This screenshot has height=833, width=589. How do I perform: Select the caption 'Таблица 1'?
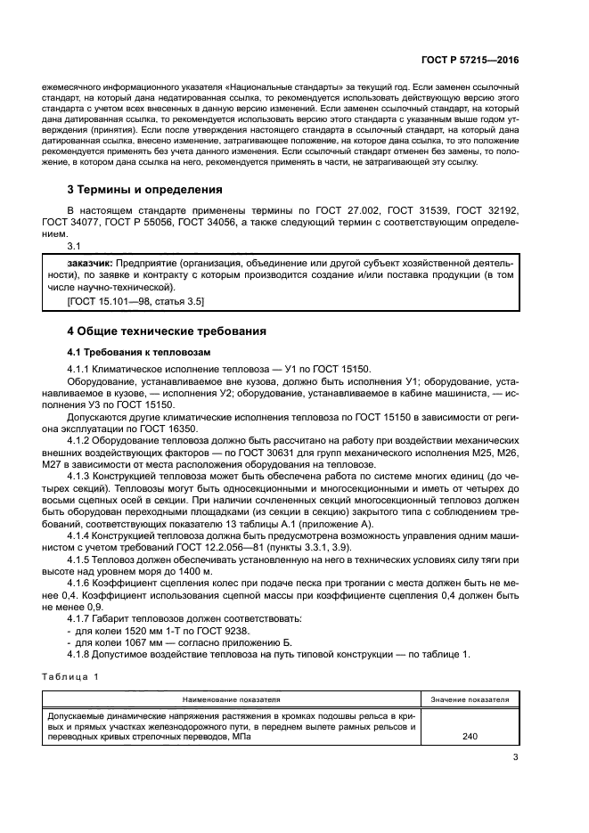(70, 678)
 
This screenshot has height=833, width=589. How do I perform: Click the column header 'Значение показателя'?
(470, 700)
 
